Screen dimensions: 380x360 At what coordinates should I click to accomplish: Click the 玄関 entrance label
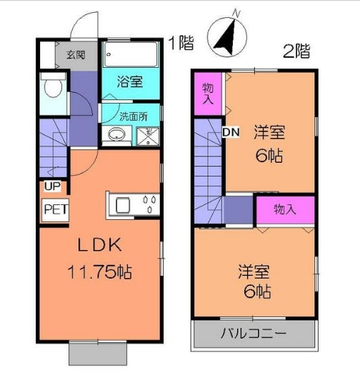pyautogui.click(x=77, y=54)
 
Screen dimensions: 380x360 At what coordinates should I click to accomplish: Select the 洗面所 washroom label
pyautogui.click(x=133, y=115)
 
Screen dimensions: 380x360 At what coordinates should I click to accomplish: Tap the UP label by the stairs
pyautogui.click(x=52, y=187)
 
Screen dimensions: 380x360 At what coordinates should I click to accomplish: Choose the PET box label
pyautogui.click(x=52, y=210)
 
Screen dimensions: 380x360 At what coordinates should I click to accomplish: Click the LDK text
pyautogui.click(x=101, y=245)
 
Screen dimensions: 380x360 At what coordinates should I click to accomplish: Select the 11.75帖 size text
pyautogui.click(x=101, y=272)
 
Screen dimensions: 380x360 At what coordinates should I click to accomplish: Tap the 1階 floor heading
pyautogui.click(x=181, y=43)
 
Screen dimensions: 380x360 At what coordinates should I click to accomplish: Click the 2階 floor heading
pyautogui.click(x=296, y=51)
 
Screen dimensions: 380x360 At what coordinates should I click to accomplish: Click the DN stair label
pyautogui.click(x=230, y=132)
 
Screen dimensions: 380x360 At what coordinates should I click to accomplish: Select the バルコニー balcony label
pyautogui.click(x=253, y=334)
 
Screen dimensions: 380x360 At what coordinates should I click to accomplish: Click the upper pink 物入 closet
pyautogui.click(x=208, y=94)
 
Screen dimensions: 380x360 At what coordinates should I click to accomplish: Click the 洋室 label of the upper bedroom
pyautogui.click(x=269, y=132)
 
